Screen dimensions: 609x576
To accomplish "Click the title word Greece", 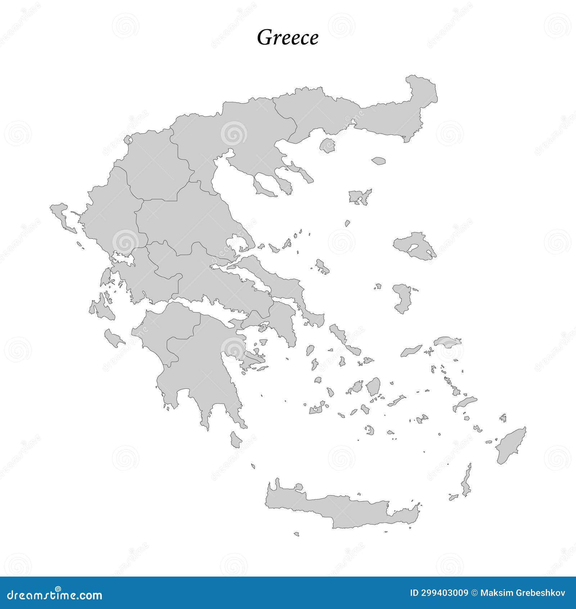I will tap(288, 37).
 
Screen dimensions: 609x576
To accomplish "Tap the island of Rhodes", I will tap(510, 446).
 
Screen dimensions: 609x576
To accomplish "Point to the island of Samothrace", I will tap(378, 161).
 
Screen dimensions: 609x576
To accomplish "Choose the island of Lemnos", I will tap(359, 197).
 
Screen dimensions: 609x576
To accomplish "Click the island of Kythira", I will tap(236, 439).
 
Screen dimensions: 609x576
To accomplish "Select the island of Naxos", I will tap(373, 387).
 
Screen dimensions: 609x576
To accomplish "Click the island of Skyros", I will tap(322, 266).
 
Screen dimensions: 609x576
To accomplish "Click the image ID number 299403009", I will tap(439, 593).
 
